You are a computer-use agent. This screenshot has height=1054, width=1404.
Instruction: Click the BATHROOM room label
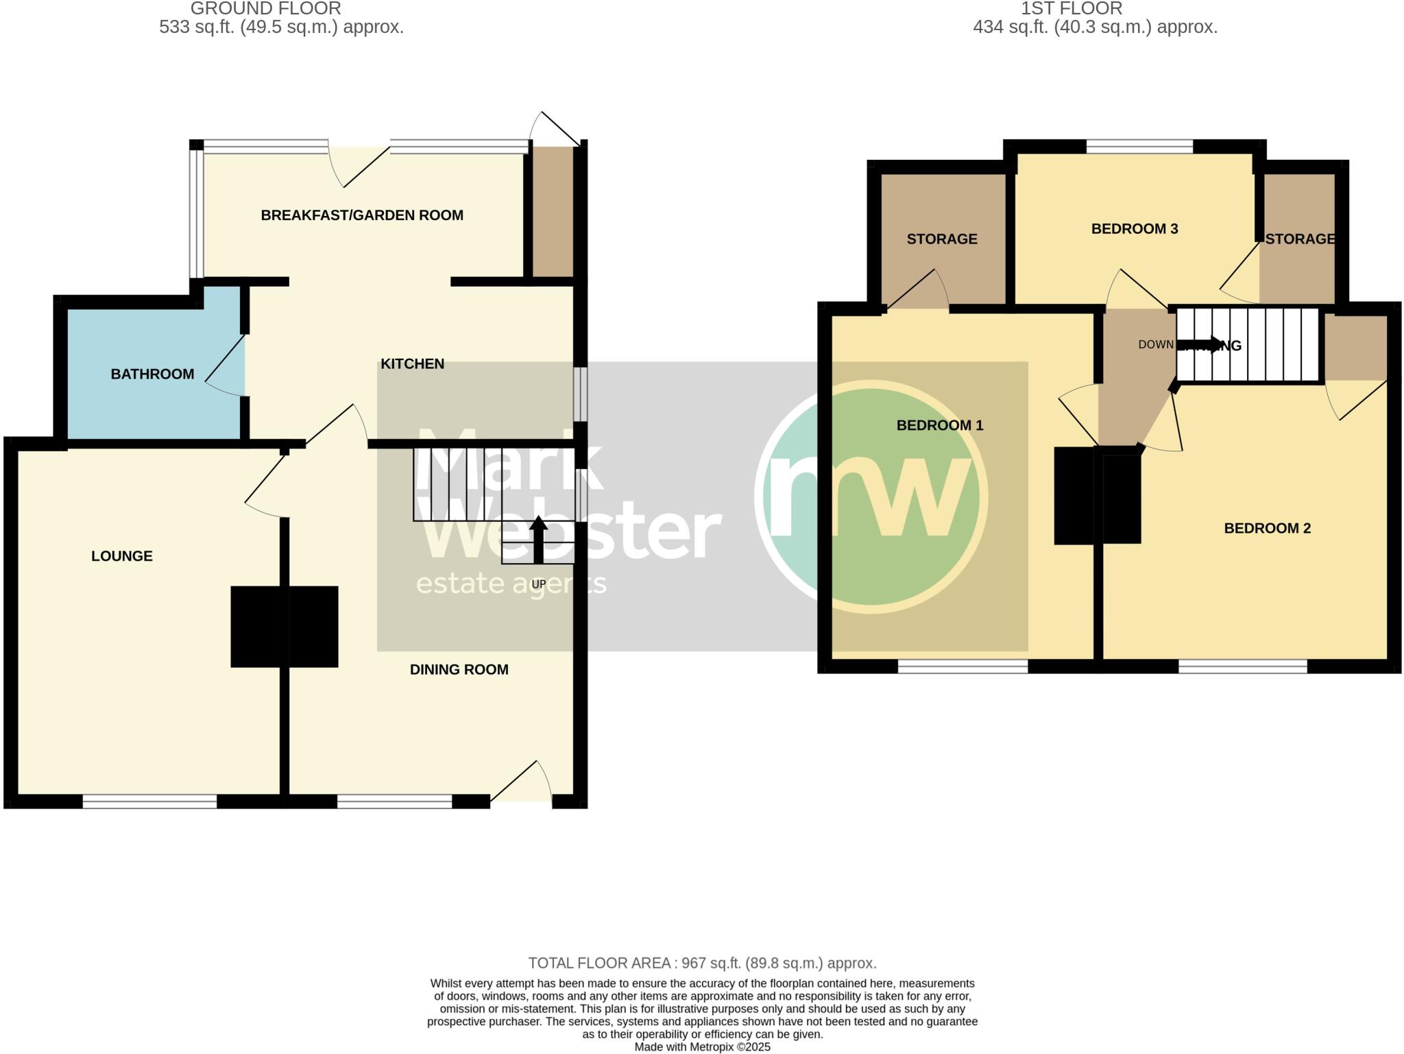(152, 374)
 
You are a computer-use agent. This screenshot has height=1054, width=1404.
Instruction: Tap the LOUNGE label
(122, 556)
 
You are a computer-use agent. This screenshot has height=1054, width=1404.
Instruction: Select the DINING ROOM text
(459, 670)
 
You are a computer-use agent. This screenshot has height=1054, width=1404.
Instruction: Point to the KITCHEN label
(412, 364)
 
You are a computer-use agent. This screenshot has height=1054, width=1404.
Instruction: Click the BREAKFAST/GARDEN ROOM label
(362, 215)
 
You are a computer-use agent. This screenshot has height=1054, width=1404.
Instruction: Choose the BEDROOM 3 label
(1134, 229)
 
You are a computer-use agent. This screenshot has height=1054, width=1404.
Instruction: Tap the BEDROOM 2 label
(1267, 528)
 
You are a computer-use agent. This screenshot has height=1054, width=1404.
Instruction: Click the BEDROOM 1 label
(939, 425)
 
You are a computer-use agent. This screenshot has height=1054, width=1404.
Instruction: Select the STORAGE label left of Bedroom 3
(941, 239)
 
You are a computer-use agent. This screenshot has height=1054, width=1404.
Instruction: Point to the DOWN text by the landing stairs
(1156, 345)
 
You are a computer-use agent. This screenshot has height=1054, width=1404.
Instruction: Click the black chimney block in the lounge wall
(284, 626)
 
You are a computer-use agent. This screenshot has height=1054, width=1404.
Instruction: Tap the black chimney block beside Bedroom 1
(1097, 495)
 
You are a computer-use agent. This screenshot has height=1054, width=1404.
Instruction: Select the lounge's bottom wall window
(149, 801)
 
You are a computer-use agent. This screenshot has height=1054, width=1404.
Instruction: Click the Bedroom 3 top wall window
(1139, 146)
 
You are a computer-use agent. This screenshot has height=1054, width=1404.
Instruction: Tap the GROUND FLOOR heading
(265, 9)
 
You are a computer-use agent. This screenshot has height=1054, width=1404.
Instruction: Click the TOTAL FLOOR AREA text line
(702, 963)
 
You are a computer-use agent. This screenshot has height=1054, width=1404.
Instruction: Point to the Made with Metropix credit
(702, 1047)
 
